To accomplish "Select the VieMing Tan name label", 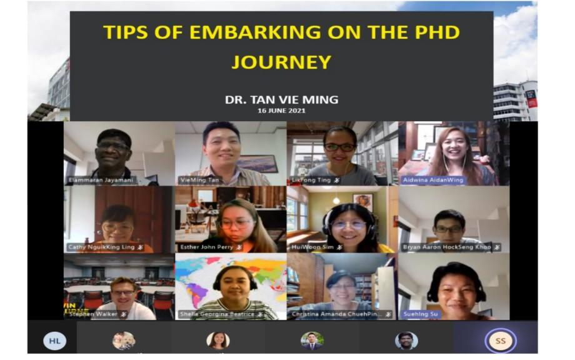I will (x=201, y=180).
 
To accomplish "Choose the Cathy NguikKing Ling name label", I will (x=101, y=247).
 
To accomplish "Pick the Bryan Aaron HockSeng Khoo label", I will (x=446, y=247).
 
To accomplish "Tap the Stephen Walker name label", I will (x=93, y=314).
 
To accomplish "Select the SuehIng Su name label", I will (x=421, y=314).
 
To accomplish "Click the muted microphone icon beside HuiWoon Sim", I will (x=339, y=247).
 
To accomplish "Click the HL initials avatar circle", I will (x=54, y=341).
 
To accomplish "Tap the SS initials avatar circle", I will (x=501, y=341).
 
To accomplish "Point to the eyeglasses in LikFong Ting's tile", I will (x=339, y=147).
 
